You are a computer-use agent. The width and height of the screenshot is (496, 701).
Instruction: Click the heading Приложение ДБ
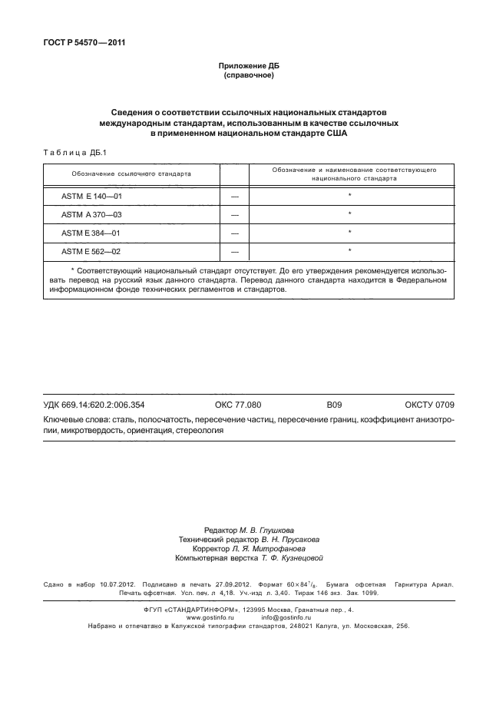[248, 67]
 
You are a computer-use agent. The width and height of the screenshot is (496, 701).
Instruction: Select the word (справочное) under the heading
[248, 76]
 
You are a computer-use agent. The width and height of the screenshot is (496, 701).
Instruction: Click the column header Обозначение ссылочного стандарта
[131, 174]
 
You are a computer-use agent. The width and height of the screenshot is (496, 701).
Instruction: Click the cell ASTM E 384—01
[92, 232]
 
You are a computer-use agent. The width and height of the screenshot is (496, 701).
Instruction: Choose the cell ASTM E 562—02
[92, 250]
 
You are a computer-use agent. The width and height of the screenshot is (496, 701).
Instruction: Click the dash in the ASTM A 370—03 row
[235, 215]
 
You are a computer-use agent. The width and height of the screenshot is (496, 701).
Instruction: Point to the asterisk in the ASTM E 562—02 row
[349, 250]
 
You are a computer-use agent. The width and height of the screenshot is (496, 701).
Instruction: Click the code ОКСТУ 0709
[430, 404]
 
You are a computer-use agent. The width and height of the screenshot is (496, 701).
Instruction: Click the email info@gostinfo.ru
[286, 617]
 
